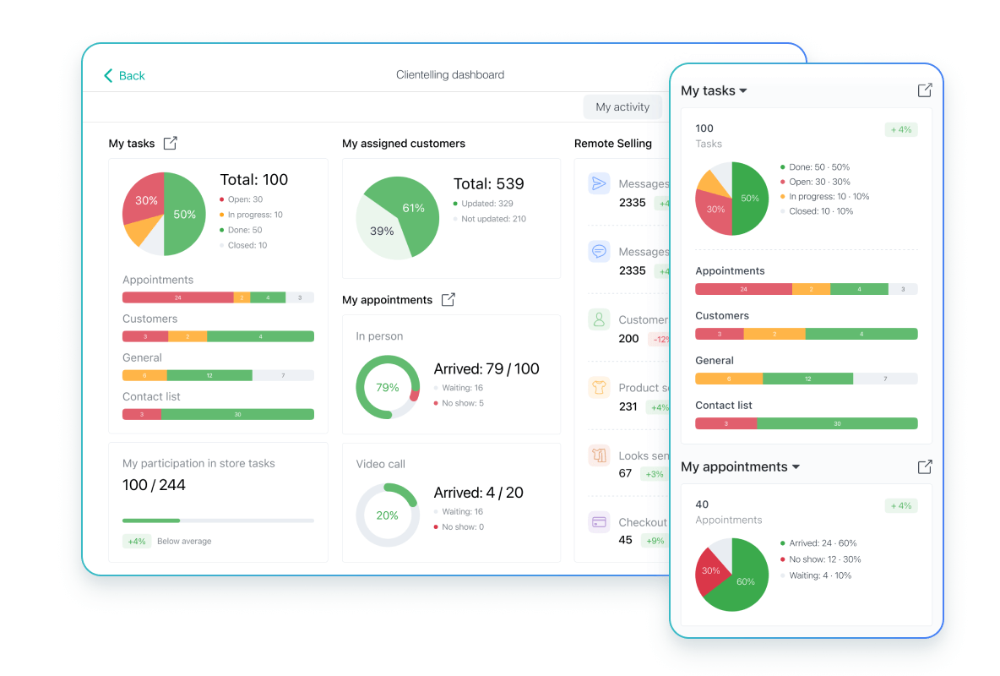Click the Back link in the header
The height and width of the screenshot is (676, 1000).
click(124, 76)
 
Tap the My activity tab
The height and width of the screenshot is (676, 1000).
click(622, 107)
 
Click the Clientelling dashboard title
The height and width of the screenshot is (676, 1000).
click(450, 75)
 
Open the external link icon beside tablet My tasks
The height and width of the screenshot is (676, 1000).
click(171, 144)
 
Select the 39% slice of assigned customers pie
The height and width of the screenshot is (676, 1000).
click(382, 231)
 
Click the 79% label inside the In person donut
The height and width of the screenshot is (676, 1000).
click(388, 388)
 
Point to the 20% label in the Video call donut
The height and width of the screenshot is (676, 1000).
click(388, 515)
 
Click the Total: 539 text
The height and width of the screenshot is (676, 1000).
click(488, 184)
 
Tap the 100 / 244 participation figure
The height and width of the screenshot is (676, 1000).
click(154, 485)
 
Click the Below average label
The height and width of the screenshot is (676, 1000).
click(184, 542)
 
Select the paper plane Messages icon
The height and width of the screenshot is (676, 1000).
click(599, 184)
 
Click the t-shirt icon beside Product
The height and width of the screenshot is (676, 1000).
click(599, 388)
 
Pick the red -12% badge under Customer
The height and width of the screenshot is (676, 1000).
click(659, 339)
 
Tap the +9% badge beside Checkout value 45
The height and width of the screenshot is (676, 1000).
click(655, 541)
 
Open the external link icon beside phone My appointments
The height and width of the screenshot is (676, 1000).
click(925, 466)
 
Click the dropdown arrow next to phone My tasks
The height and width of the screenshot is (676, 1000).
click(743, 91)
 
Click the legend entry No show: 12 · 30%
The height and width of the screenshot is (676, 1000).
click(824, 559)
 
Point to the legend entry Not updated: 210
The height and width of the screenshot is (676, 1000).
click(493, 219)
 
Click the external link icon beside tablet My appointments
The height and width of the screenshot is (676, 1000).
click(448, 300)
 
